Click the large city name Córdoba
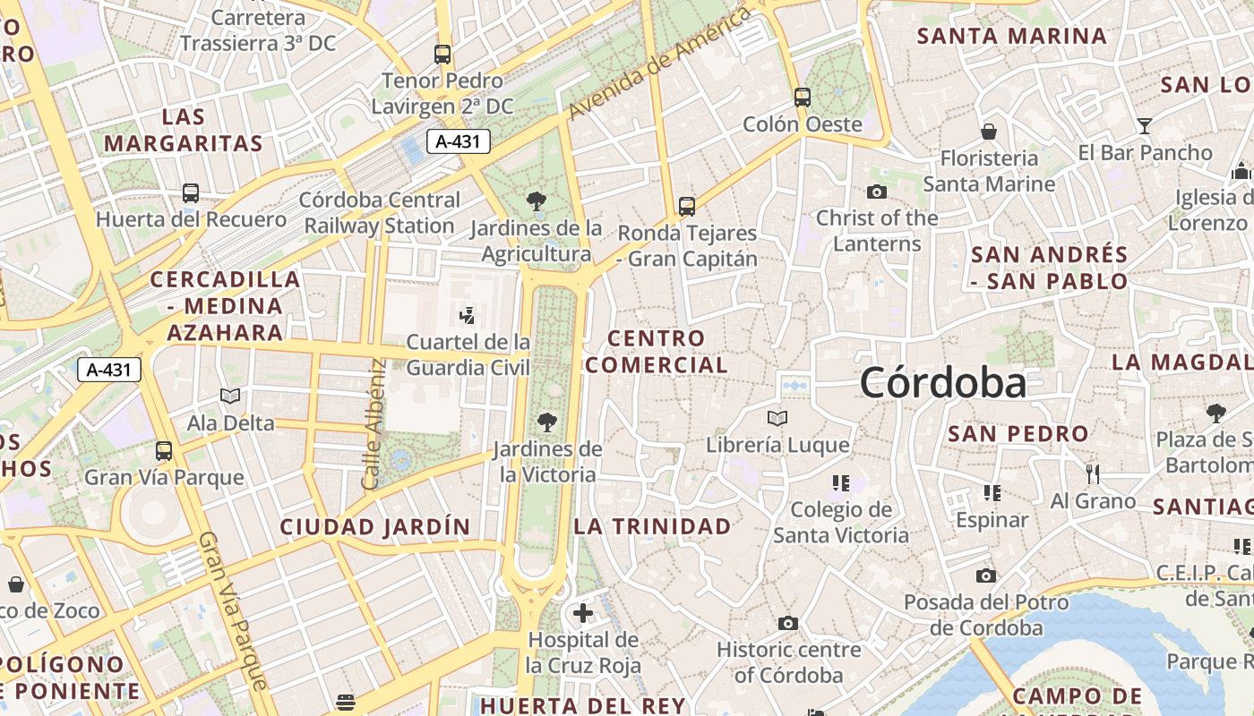pyautogui.click(x=943, y=383)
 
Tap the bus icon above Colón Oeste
pyautogui.click(x=803, y=97)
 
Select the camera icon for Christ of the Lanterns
pyautogui.click(x=877, y=192)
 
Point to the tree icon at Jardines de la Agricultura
pyautogui.click(x=537, y=201)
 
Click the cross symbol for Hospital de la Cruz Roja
pyautogui.click(x=583, y=613)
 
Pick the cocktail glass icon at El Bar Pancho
pyautogui.click(x=1144, y=125)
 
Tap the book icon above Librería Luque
pyautogui.click(x=777, y=418)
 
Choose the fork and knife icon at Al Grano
pyautogui.click(x=1092, y=473)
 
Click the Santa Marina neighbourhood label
pyautogui.click(x=1012, y=37)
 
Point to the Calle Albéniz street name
pyautogui.click(x=374, y=424)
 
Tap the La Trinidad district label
pyautogui.click(x=652, y=526)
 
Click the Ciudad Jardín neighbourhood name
pyautogui.click(x=375, y=527)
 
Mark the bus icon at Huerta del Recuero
pyautogui.click(x=190, y=192)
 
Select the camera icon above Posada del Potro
pyautogui.click(x=986, y=575)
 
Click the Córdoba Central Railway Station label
pyautogui.click(x=380, y=213)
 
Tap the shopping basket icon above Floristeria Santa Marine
pyautogui.click(x=989, y=132)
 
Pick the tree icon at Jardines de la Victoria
pyautogui.click(x=546, y=422)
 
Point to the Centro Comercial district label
pyautogui.click(x=657, y=352)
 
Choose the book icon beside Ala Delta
pyautogui.click(x=230, y=396)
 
